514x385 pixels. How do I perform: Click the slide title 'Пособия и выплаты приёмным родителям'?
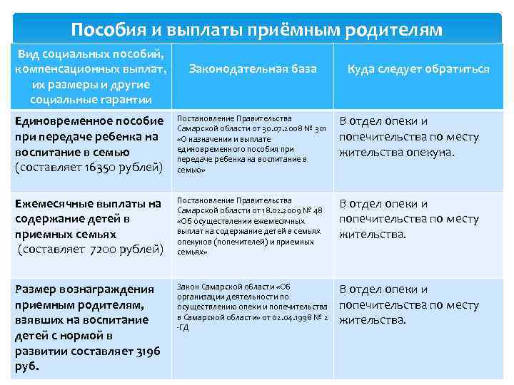257,30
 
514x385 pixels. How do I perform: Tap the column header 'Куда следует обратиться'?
418,68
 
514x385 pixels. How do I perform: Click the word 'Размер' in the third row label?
36,289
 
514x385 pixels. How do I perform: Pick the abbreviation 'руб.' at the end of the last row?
26,367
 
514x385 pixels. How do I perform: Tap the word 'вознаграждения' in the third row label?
114,289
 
